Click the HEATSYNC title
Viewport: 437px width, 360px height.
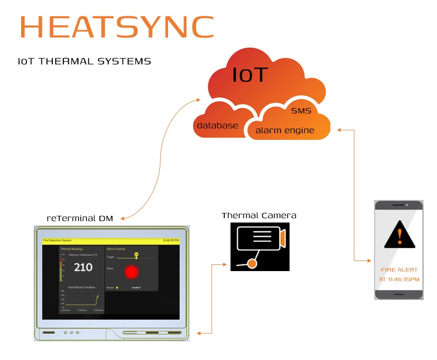(117, 27)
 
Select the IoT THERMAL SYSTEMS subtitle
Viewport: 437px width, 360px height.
(84, 62)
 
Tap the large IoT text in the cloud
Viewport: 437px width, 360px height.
(250, 75)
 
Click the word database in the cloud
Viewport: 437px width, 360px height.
(218, 125)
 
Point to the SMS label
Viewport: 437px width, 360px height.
(301, 111)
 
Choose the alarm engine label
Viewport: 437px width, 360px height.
(285, 130)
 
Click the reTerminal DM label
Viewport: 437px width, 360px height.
(80, 218)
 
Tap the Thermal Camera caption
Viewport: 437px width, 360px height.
(259, 215)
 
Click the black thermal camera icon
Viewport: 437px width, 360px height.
(260, 247)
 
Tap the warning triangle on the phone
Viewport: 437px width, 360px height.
(399, 235)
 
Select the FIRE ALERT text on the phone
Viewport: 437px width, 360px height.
(399, 270)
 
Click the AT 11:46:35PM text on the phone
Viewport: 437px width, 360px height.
(399, 279)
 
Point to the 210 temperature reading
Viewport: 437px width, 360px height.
(83, 267)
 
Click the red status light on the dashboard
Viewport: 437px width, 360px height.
(131, 272)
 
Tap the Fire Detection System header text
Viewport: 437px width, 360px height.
(57, 240)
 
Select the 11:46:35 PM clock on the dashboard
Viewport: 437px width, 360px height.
(170, 240)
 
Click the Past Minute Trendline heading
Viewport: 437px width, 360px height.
(82, 287)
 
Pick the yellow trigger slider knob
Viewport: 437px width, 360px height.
(136, 257)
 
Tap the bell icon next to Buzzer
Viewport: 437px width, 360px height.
(117, 287)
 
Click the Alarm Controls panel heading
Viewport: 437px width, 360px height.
(116, 249)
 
